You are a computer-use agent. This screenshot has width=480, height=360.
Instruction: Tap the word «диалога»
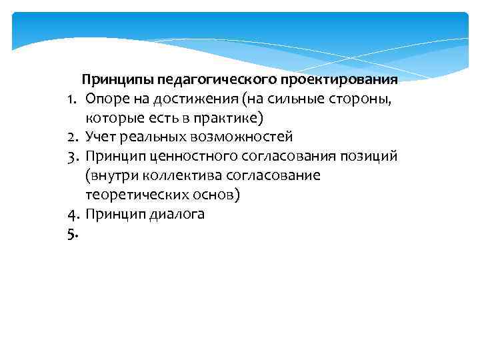coord(178,215)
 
